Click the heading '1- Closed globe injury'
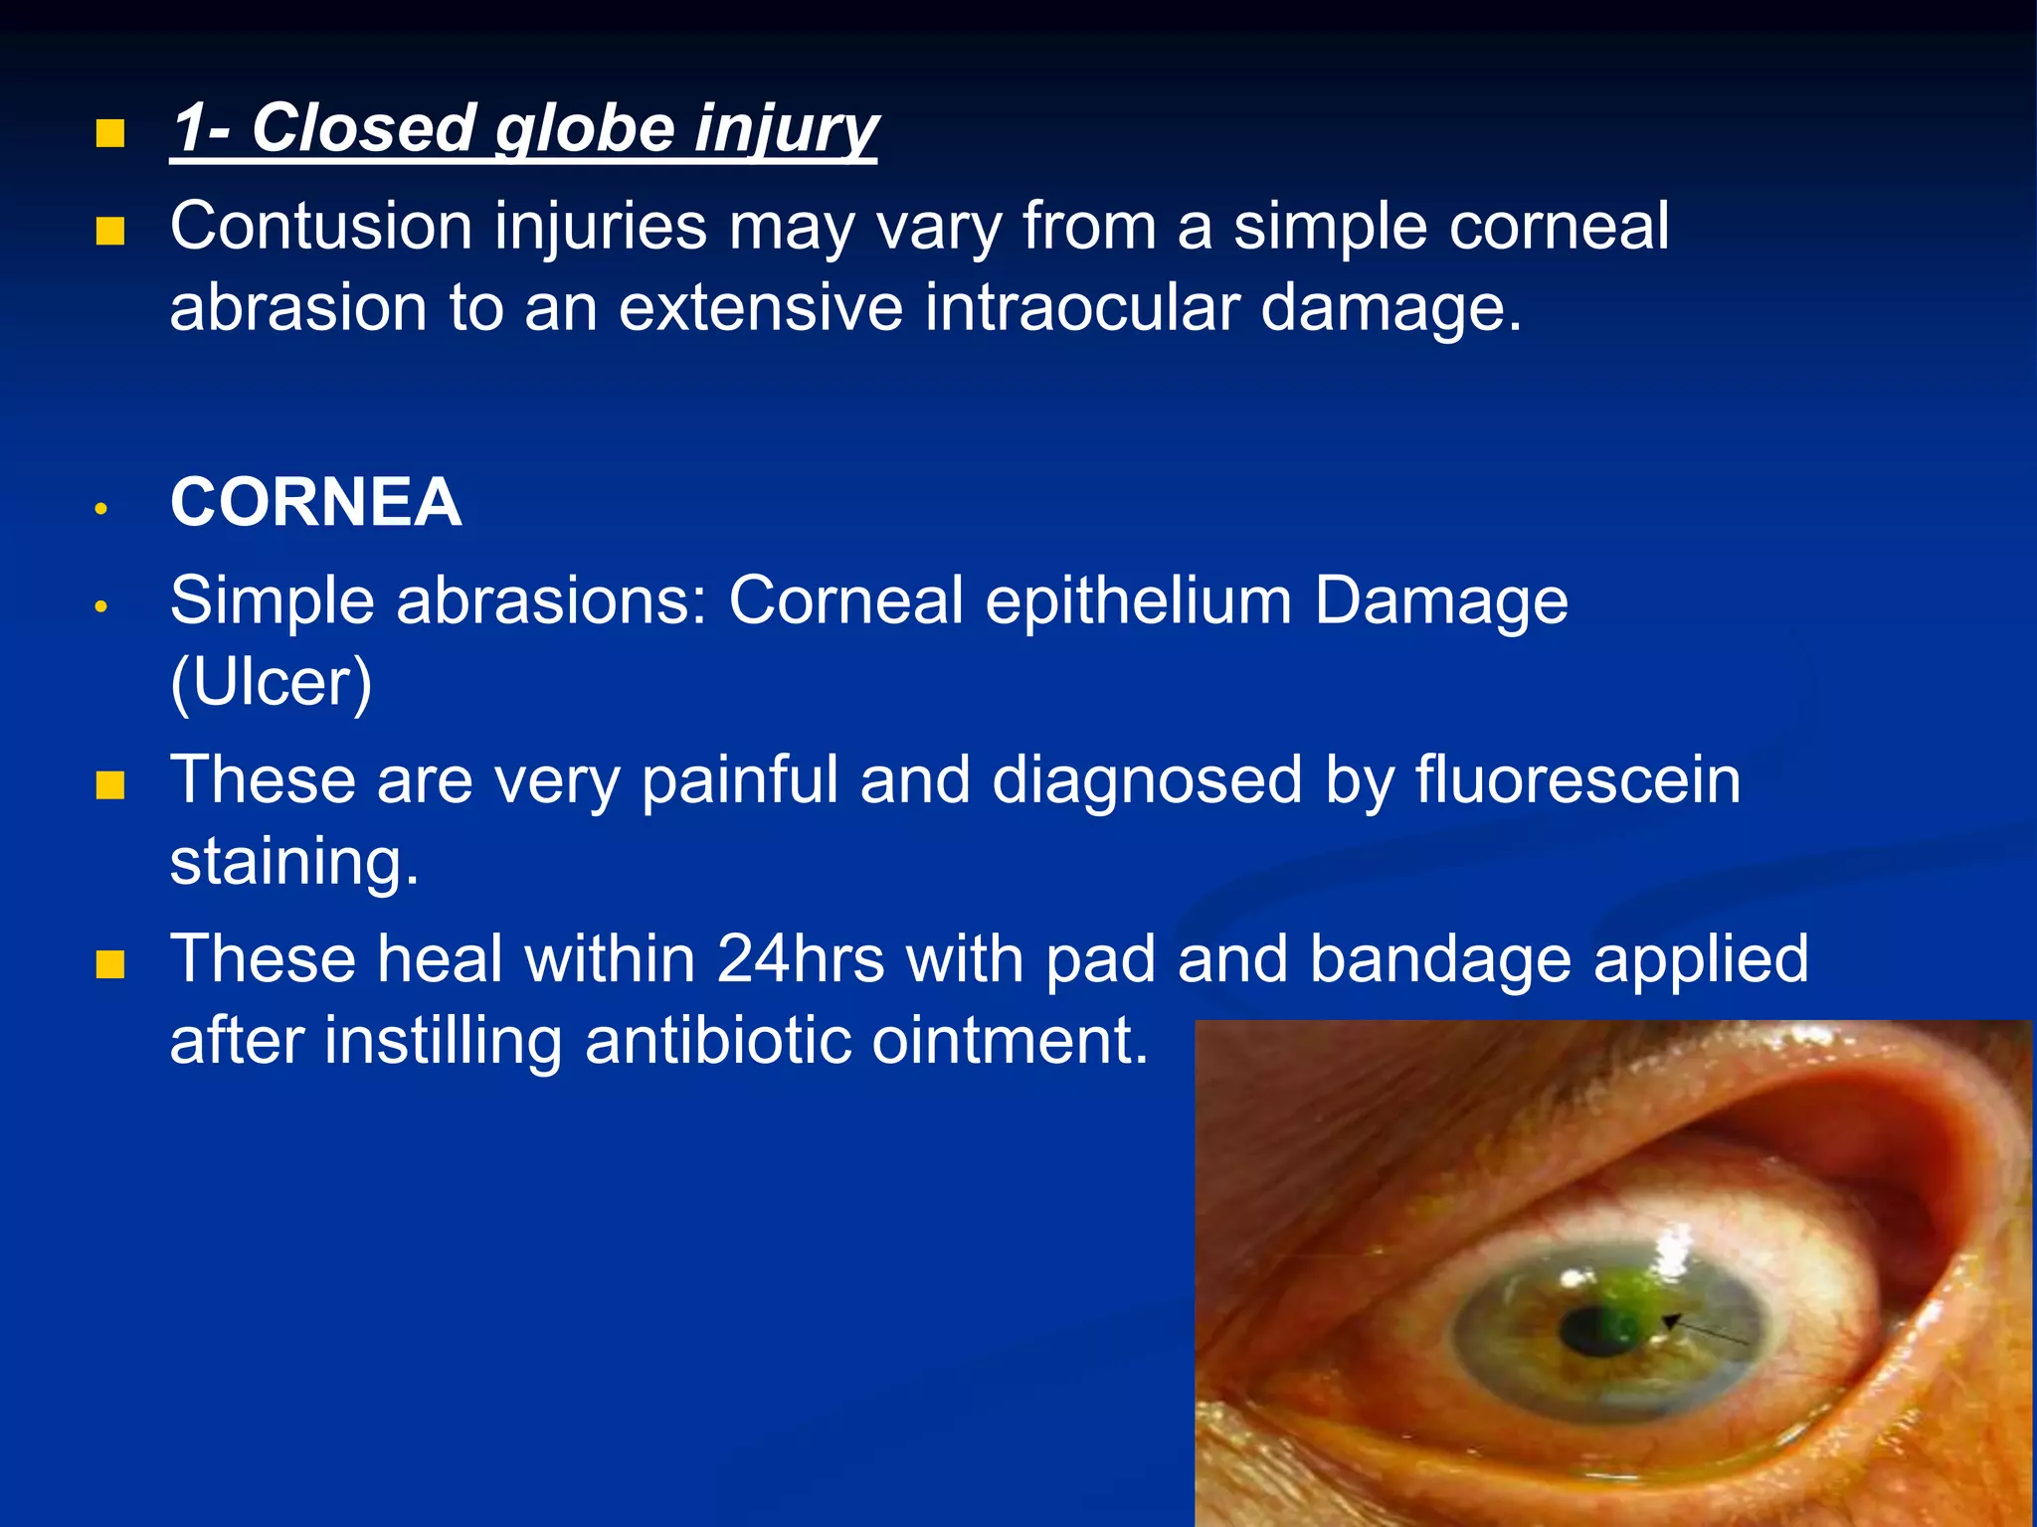pos(524,129)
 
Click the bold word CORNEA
pos(315,503)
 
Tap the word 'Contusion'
pos(320,227)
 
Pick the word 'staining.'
pos(294,861)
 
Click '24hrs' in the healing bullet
pos(800,960)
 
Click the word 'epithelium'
pos(1139,602)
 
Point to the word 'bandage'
pos(1440,960)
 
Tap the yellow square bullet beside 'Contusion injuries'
pos(109,232)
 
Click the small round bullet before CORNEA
pos(100,509)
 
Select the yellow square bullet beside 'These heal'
pos(109,964)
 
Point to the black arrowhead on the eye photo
pos(1672,1320)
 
